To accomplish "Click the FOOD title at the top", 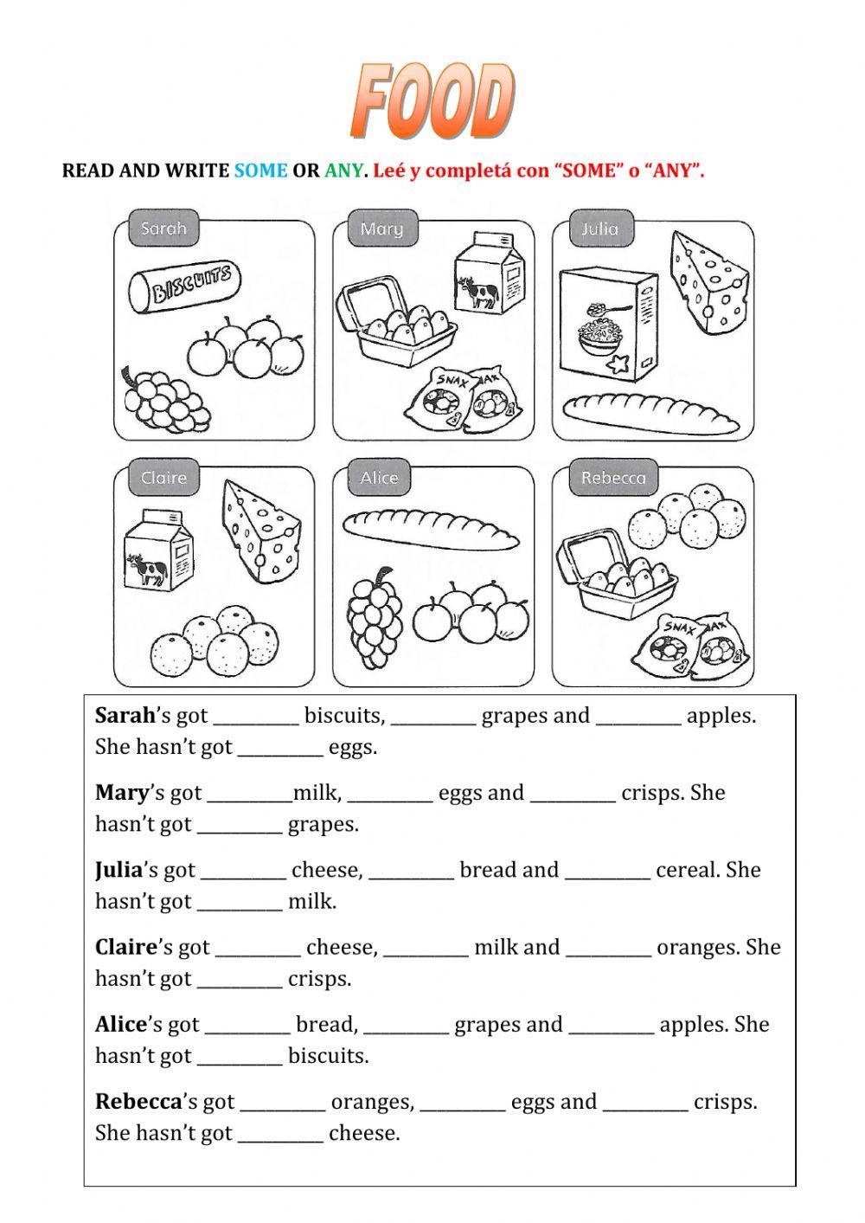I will (x=432, y=101).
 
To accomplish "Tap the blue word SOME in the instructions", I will (x=260, y=171).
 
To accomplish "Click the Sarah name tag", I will (x=163, y=229).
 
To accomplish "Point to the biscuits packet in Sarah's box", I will (x=184, y=286).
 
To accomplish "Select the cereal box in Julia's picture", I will (x=607, y=326).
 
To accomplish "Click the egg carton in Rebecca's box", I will (x=616, y=578).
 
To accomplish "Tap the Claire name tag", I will (x=163, y=478).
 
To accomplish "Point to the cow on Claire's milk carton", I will (x=146, y=570).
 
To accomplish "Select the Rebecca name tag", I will (x=612, y=478).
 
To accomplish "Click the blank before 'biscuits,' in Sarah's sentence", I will (x=256, y=718).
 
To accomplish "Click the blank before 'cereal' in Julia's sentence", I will (x=607, y=871).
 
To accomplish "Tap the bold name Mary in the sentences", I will (x=122, y=793).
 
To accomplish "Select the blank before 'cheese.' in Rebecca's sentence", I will (x=280, y=1134).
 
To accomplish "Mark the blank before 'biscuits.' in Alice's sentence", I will (x=240, y=1057).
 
